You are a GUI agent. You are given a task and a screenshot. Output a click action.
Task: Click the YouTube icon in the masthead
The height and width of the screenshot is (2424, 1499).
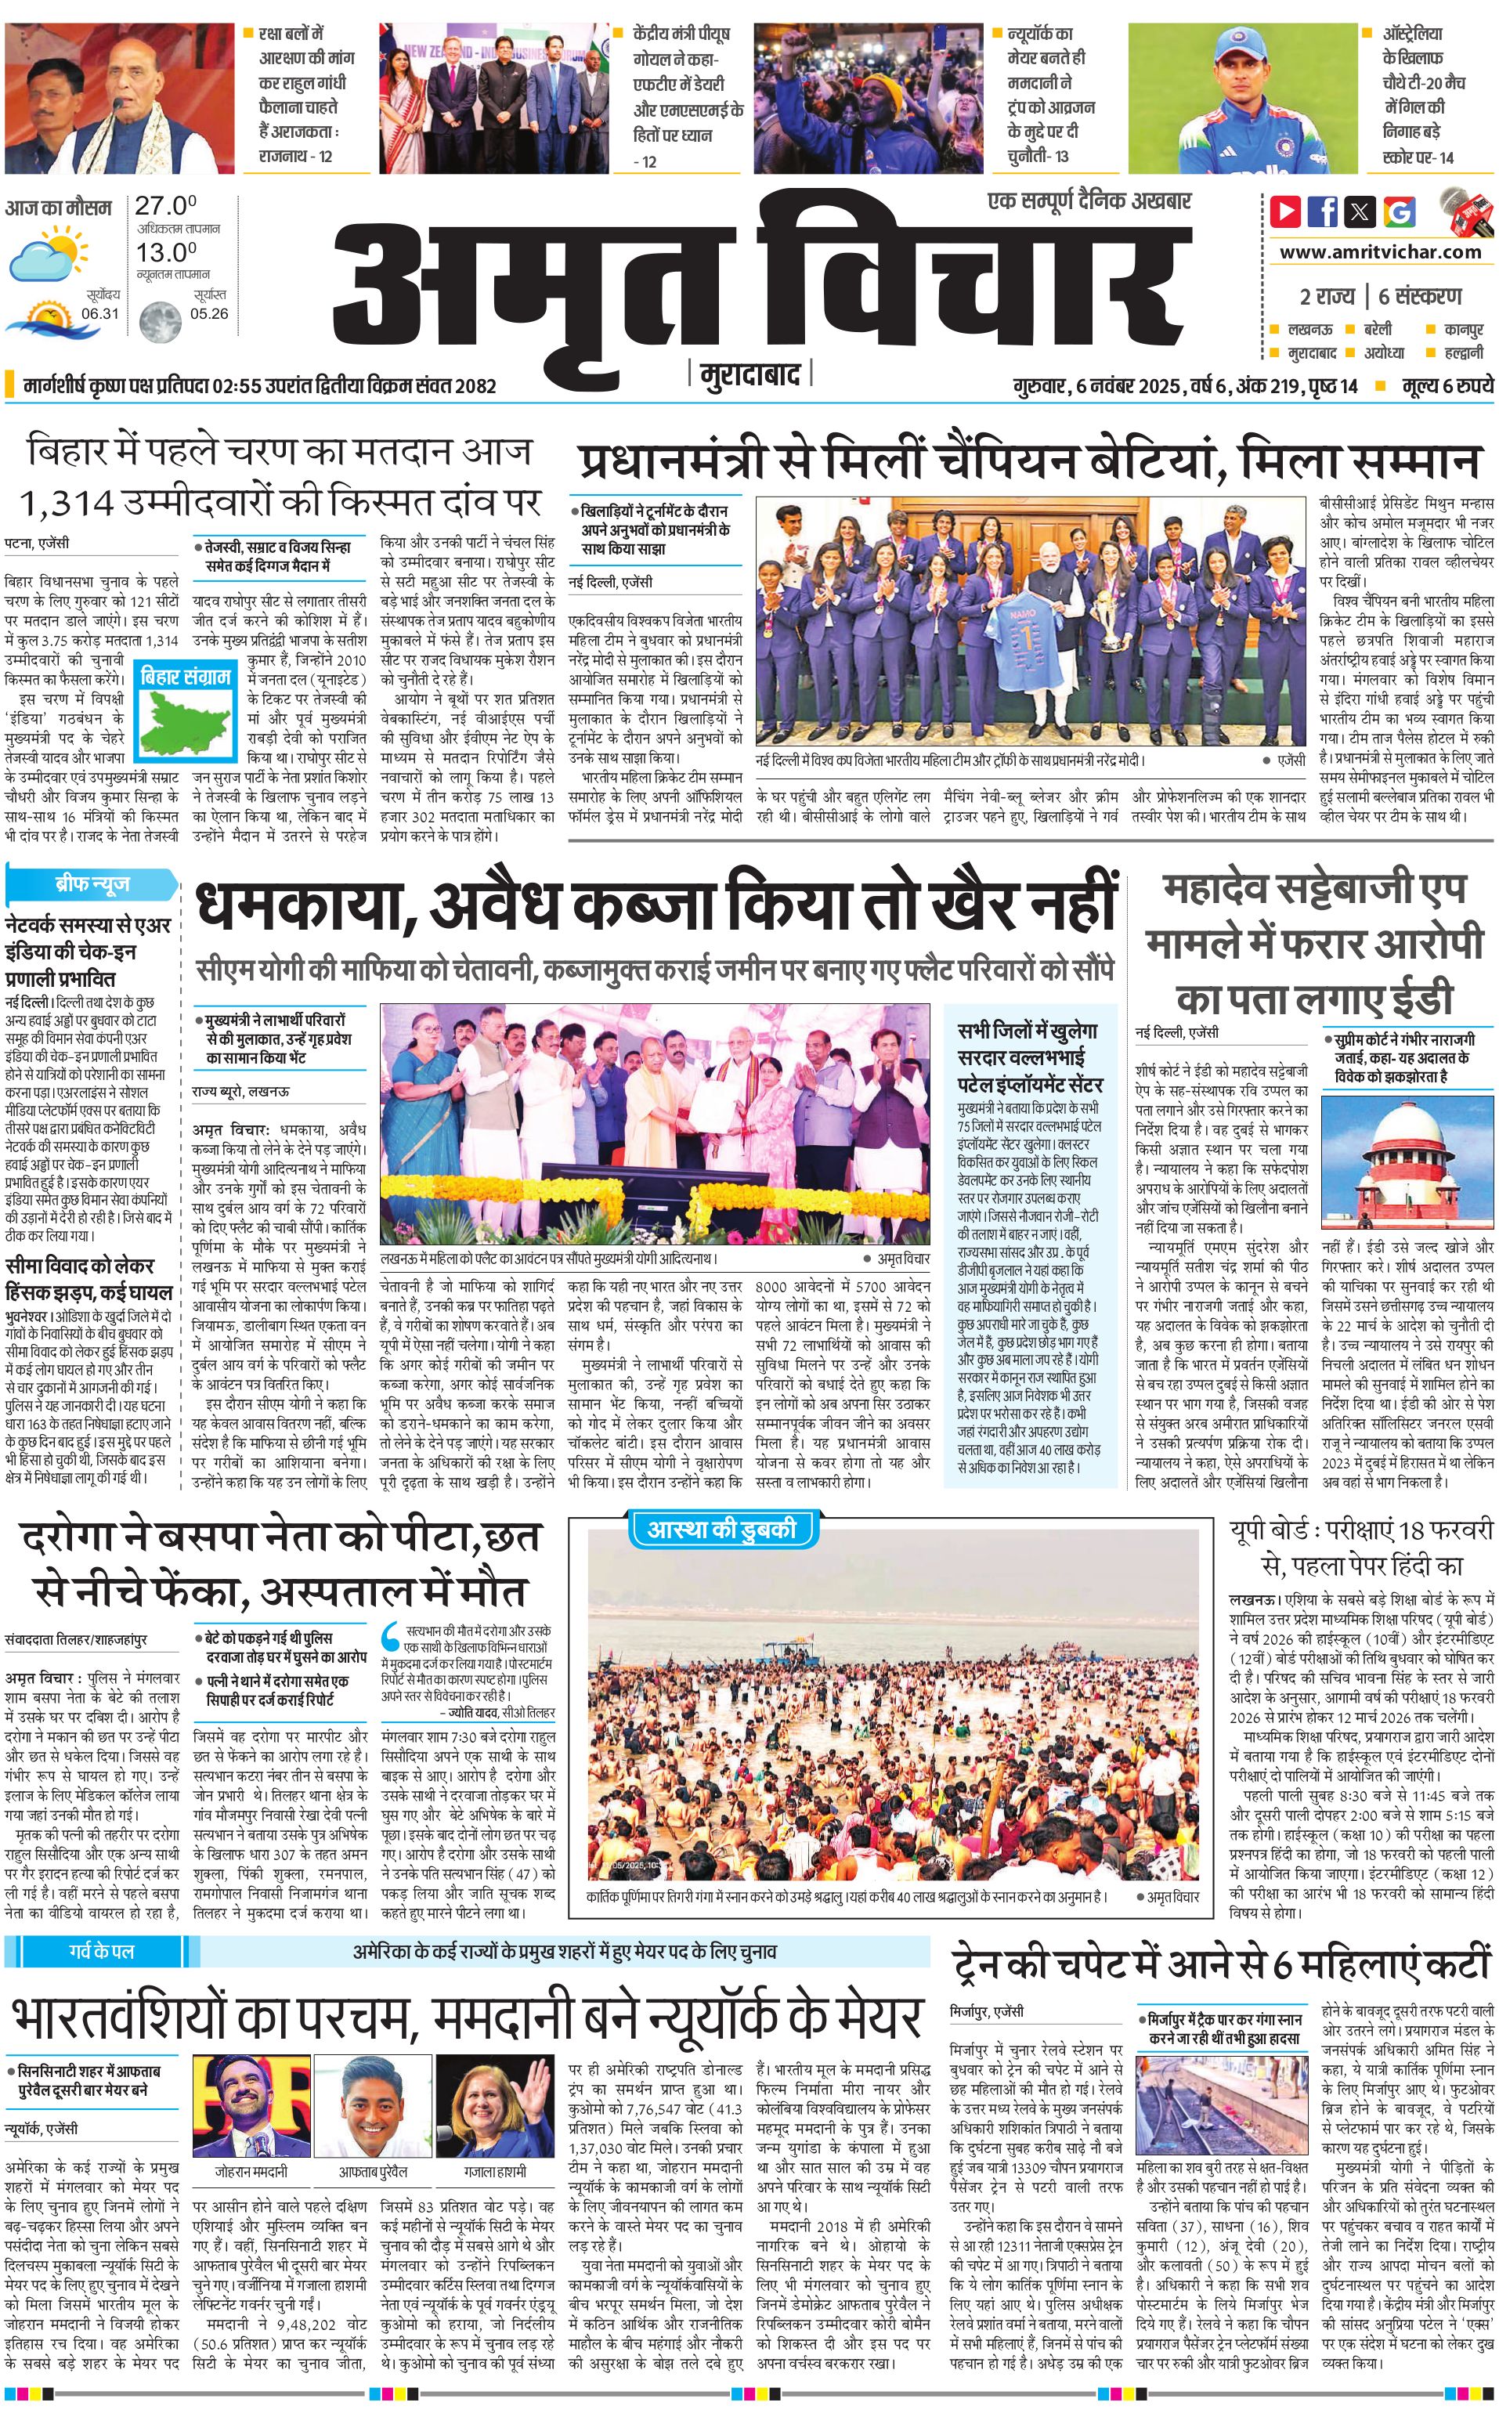(1285, 211)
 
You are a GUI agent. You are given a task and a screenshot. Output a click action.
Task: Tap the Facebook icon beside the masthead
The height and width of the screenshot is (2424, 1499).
(1323, 211)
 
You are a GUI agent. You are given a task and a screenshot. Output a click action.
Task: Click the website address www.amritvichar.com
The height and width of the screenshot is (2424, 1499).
(1380, 252)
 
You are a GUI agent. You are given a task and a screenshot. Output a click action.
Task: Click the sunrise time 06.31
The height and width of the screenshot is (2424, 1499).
(100, 313)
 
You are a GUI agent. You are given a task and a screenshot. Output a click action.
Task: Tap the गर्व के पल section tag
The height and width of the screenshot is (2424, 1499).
(101, 1951)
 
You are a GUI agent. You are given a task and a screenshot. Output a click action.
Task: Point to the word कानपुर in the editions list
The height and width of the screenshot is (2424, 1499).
(1462, 329)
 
